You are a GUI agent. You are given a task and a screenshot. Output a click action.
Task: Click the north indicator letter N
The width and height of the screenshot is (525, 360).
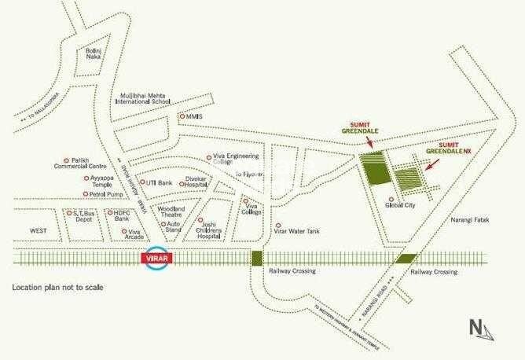tap(475, 327)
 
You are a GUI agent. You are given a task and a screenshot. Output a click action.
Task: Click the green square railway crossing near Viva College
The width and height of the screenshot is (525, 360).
tap(256, 258)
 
